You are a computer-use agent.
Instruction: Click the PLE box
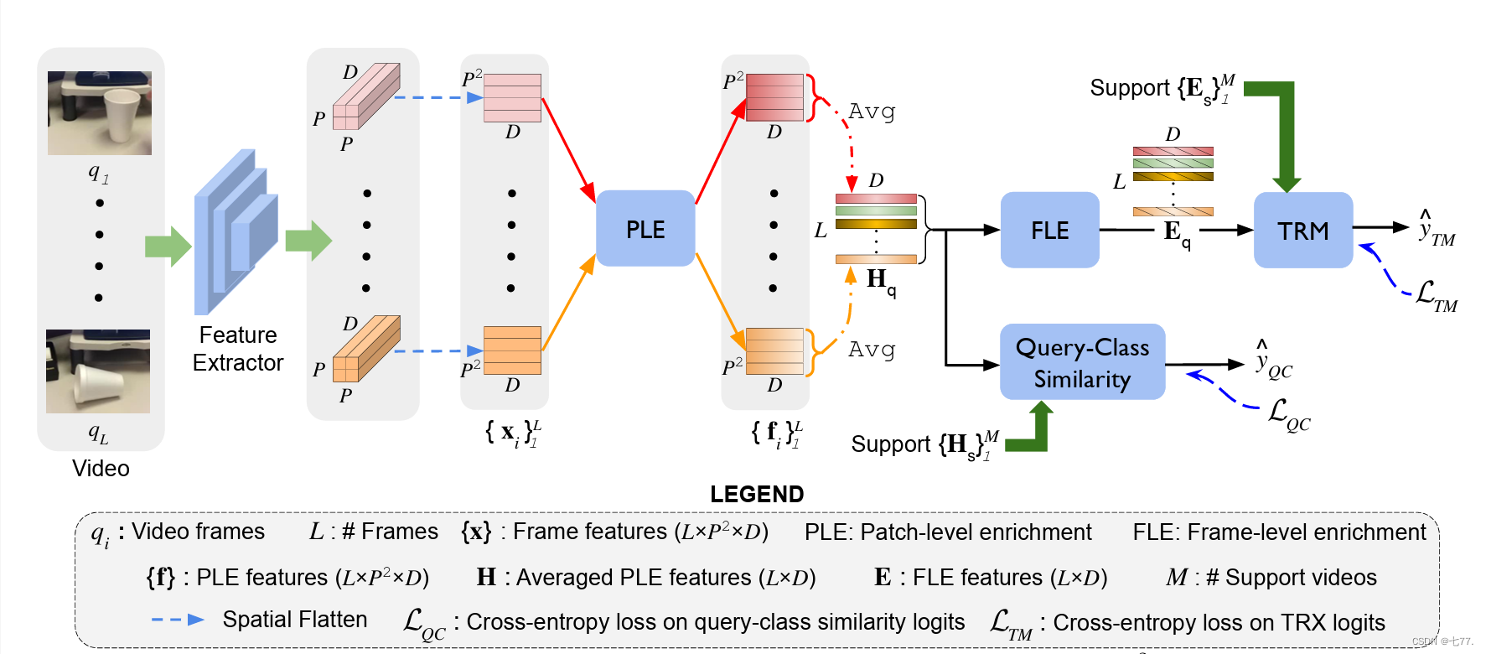pyautogui.click(x=645, y=229)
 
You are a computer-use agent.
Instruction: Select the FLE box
pyautogui.click(x=1049, y=230)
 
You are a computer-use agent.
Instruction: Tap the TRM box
pyautogui.click(x=1302, y=230)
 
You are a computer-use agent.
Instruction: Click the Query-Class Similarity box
pyautogui.click(x=1082, y=362)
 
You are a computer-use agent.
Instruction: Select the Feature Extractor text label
pyautogui.click(x=238, y=349)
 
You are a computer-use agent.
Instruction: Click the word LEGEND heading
pyautogui.click(x=757, y=494)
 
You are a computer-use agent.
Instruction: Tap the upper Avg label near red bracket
pyautogui.click(x=872, y=112)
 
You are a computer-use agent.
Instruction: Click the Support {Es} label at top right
pyautogui.click(x=1162, y=89)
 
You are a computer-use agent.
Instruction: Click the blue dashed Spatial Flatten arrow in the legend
pyautogui.click(x=178, y=620)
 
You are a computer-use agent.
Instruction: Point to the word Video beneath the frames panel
pyautogui.click(x=101, y=468)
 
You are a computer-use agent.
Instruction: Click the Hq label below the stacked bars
pyautogui.click(x=880, y=281)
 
